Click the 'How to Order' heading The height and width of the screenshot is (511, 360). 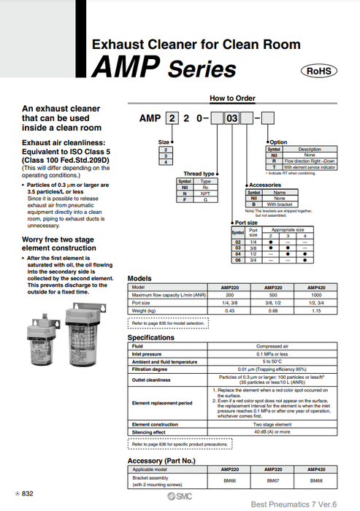232,98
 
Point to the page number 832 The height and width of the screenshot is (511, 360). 26,494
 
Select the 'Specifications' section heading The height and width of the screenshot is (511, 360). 151,338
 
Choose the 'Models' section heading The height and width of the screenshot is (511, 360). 139,279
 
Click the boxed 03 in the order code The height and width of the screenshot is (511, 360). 234,116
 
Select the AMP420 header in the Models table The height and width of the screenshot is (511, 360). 315,288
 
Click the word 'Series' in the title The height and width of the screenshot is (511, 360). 202,69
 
